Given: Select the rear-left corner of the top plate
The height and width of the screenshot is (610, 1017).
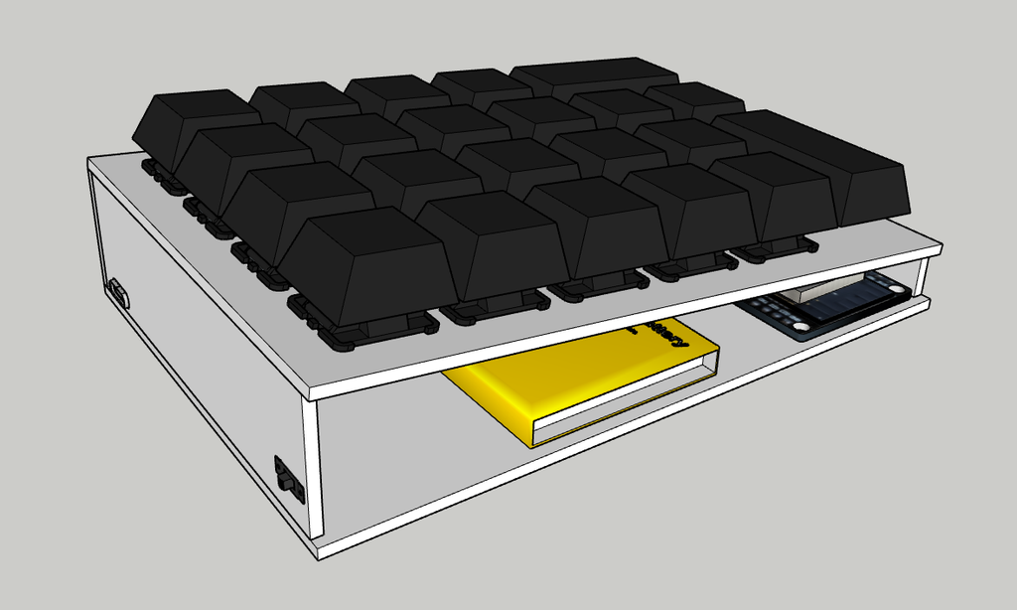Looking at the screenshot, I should [91, 161].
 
